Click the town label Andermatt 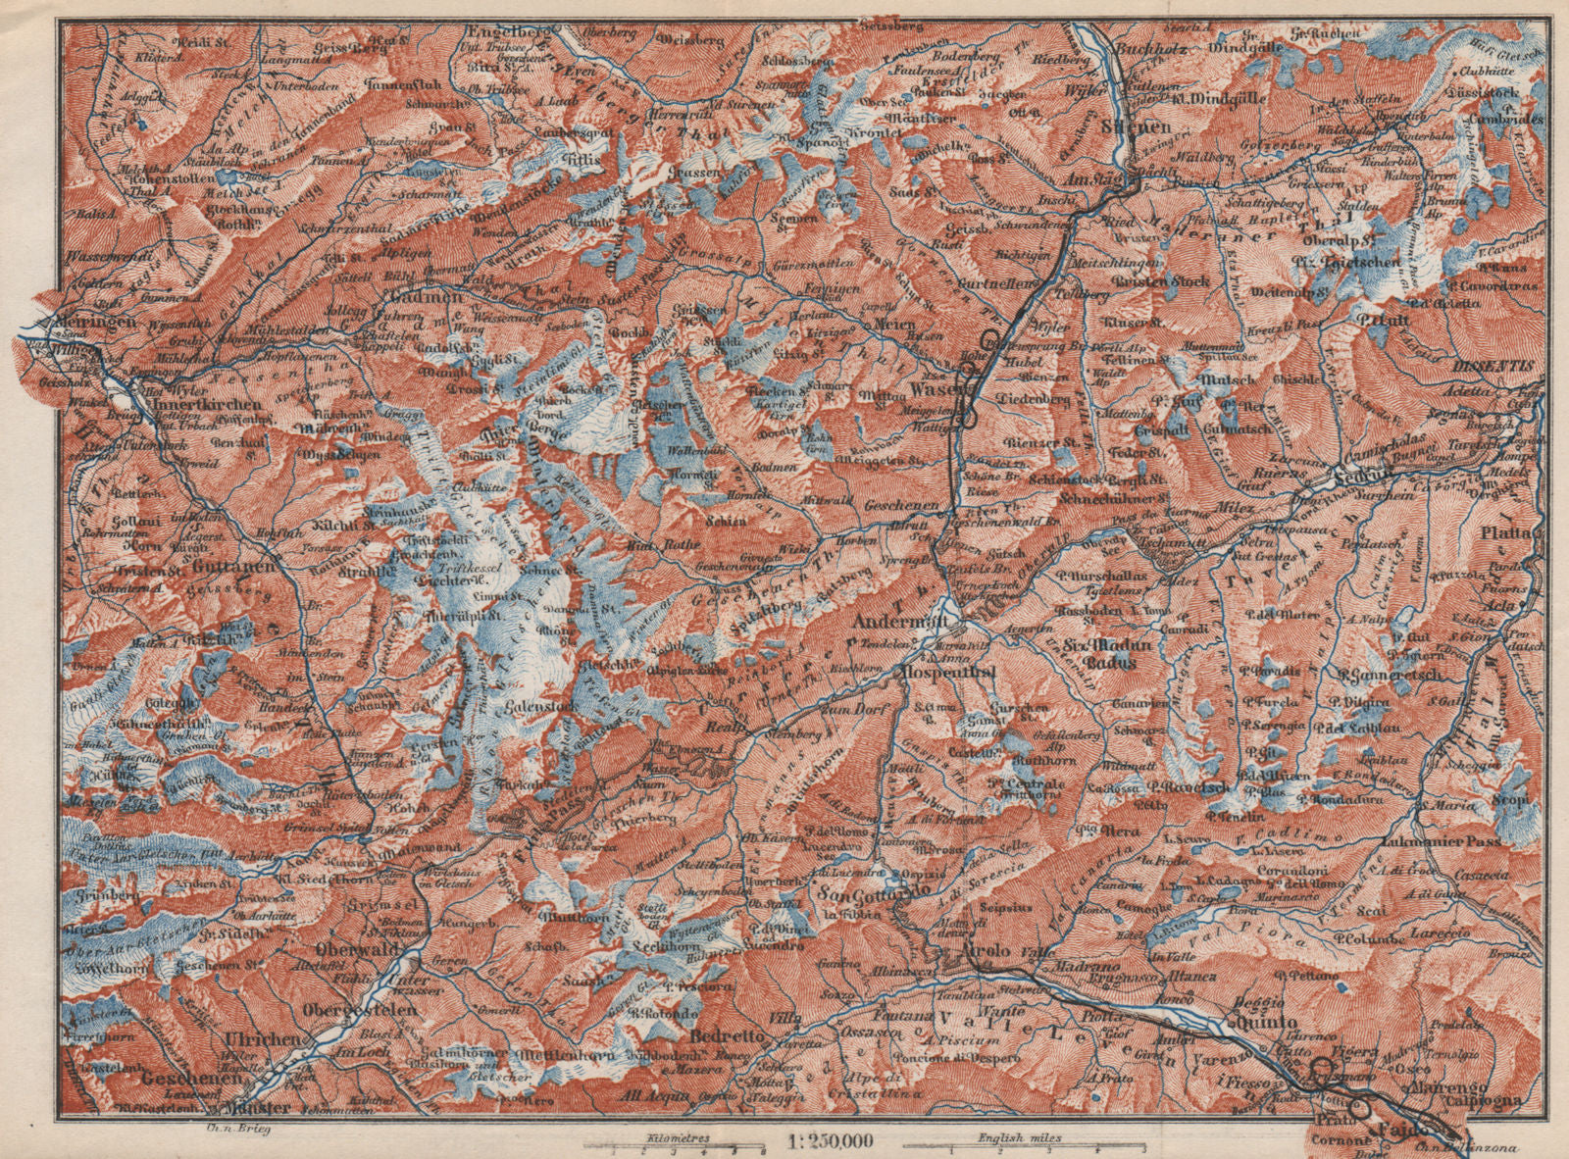[898, 621]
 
